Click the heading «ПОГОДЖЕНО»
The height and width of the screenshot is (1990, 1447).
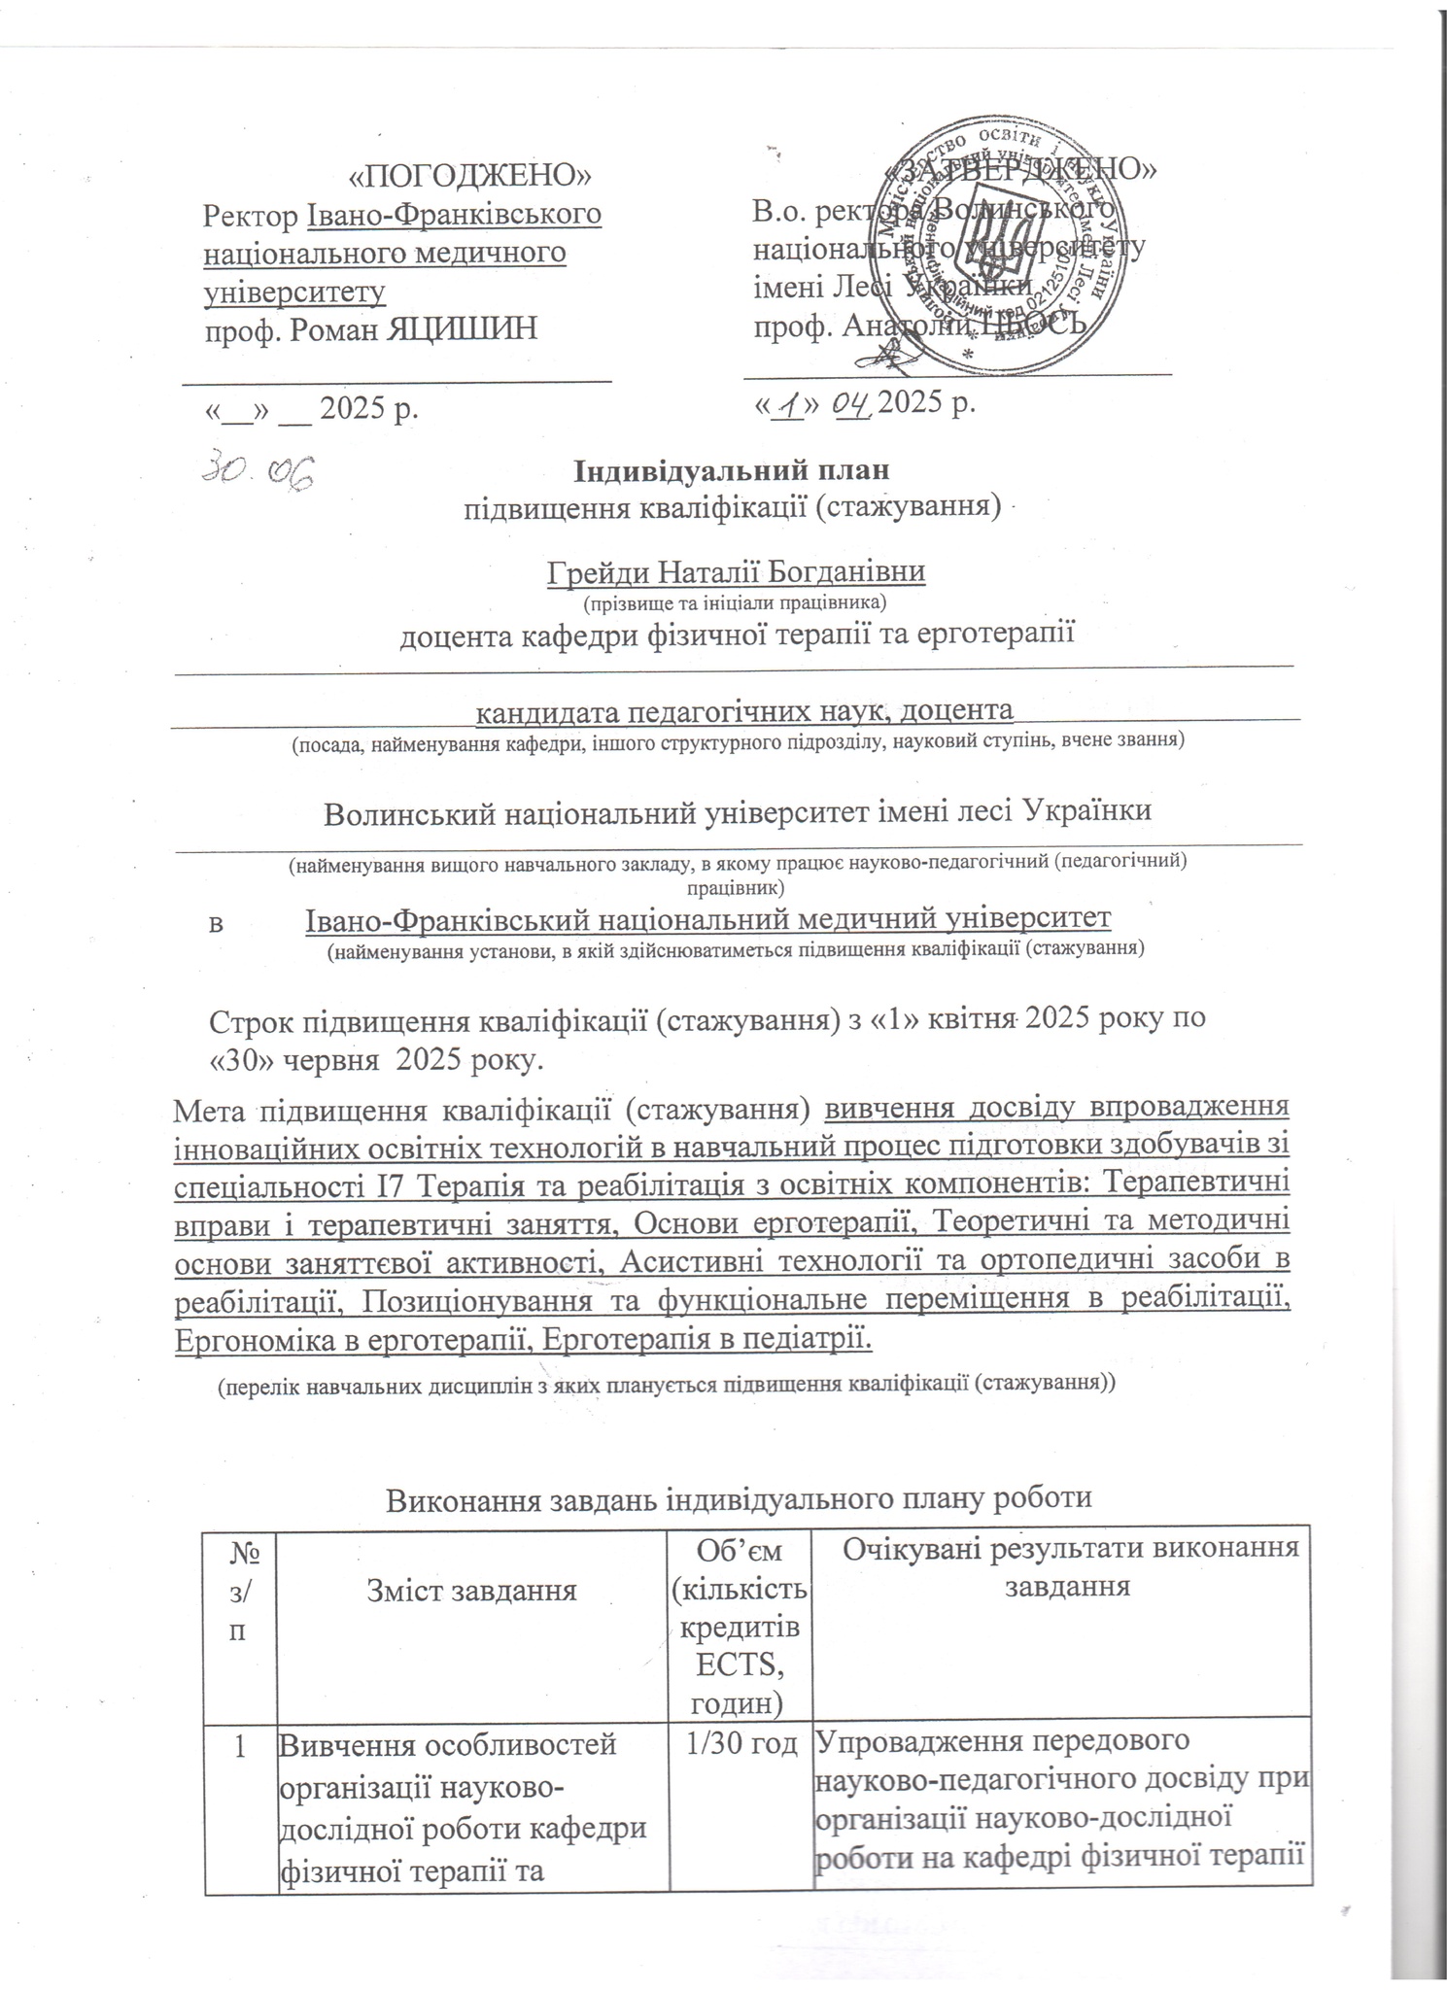(470, 175)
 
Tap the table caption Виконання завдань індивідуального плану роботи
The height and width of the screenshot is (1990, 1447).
(740, 1497)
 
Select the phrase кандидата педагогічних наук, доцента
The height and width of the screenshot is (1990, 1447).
(743, 711)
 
